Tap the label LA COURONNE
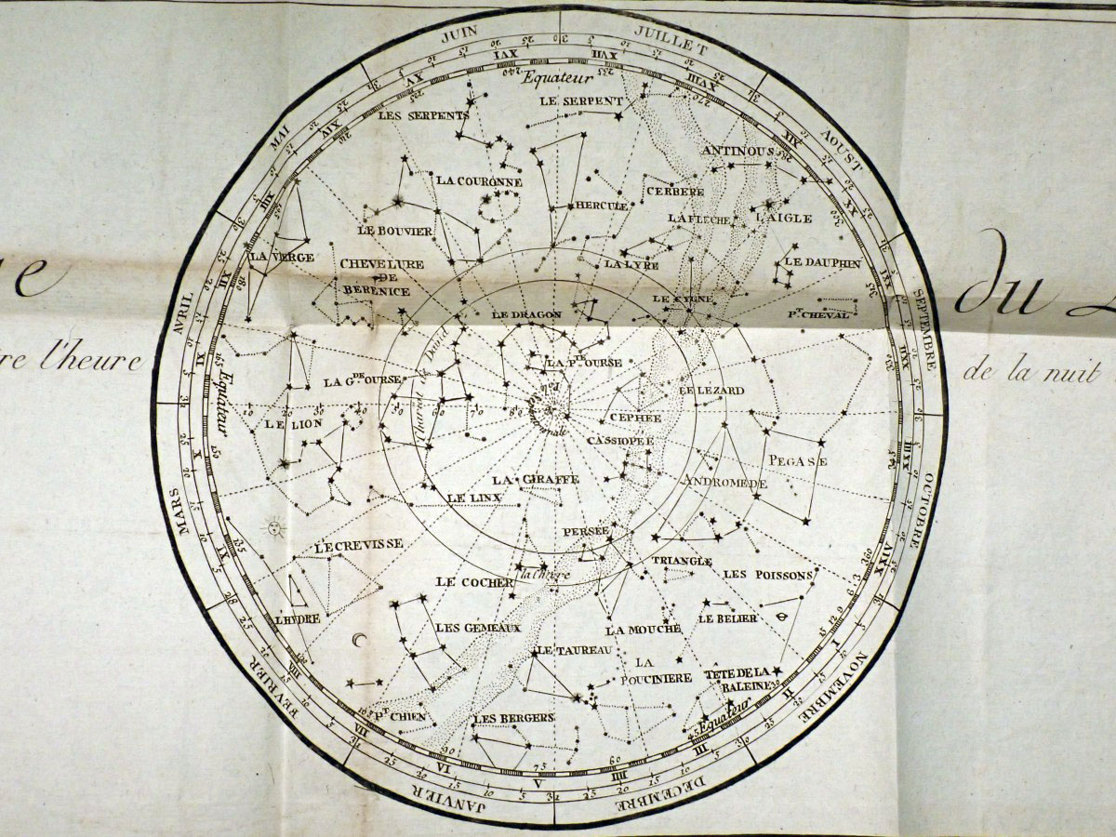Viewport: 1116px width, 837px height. point(479,181)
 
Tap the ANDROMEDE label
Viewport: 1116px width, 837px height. point(724,483)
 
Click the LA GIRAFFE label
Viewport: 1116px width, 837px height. point(536,480)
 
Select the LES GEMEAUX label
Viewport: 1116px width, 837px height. point(478,628)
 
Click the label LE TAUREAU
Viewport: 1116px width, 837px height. point(575,649)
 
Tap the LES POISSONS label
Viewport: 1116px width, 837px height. point(767,576)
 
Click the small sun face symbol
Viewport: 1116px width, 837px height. point(274,528)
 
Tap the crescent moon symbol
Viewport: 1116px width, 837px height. point(359,641)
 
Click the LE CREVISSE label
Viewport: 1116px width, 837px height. point(358,546)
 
